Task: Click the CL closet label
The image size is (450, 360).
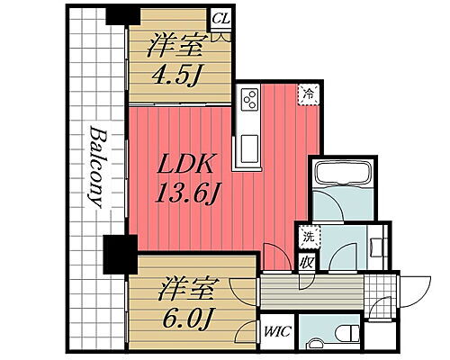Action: pyautogui.click(x=219, y=16)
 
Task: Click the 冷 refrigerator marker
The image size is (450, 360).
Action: pyautogui.click(x=308, y=94)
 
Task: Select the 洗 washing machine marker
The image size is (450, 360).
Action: pyautogui.click(x=307, y=237)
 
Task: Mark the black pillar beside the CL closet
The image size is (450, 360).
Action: pyautogui.click(x=117, y=15)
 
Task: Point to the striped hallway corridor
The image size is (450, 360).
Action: pyautogui.click(x=311, y=292)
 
